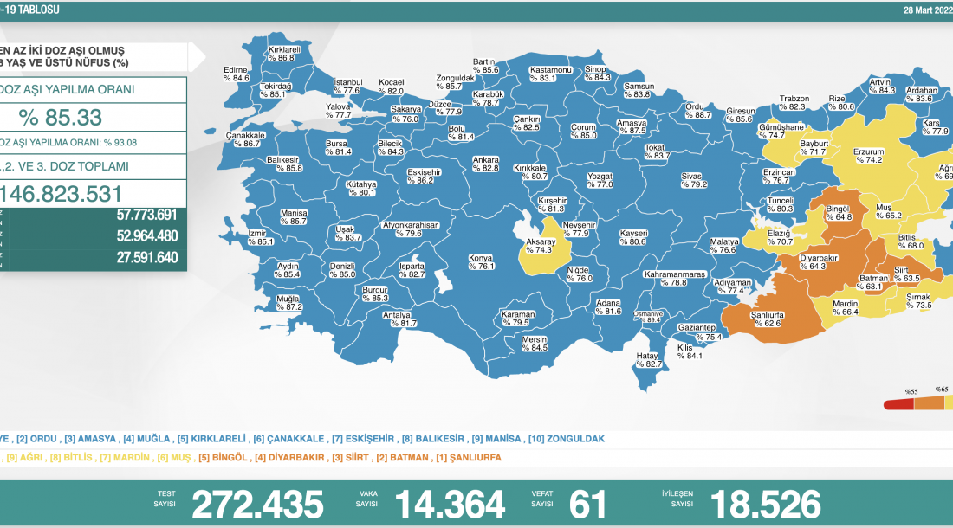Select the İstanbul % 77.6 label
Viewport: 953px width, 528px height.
tap(347, 86)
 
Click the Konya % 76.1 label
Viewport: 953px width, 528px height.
tap(481, 261)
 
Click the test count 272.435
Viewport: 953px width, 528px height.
tap(257, 504)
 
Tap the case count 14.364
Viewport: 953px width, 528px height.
tap(450, 504)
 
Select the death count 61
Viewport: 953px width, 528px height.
tap(588, 504)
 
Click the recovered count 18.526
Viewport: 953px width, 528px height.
tap(765, 504)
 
